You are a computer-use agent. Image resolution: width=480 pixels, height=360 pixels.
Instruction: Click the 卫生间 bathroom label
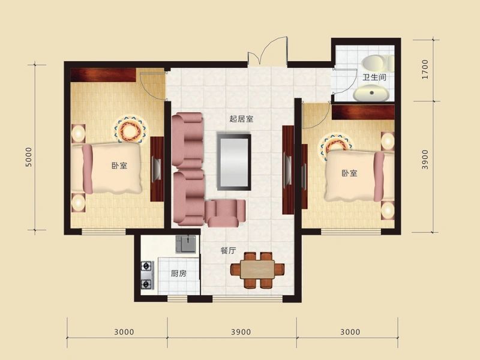point(374,77)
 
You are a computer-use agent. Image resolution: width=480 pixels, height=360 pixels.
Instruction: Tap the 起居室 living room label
point(241,119)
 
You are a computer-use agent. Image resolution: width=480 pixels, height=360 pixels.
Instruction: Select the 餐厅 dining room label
point(229,250)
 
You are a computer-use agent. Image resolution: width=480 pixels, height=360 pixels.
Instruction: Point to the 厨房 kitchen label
point(178,274)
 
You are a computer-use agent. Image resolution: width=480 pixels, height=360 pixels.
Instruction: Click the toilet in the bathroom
point(377,64)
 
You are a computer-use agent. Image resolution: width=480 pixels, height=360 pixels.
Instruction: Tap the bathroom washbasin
point(371,92)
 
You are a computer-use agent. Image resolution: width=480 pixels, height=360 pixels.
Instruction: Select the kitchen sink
point(186,244)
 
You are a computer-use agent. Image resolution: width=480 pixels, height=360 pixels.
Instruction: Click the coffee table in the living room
point(234,161)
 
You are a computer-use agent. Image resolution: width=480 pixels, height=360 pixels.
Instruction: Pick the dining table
point(257,269)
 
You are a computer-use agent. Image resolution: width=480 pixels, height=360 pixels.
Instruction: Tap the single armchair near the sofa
point(226,213)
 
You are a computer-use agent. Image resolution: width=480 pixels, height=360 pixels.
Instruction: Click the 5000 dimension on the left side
point(28,157)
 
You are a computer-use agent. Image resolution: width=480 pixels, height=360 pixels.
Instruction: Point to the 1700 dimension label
point(425,69)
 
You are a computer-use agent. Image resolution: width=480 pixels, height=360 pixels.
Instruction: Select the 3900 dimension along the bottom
point(241,332)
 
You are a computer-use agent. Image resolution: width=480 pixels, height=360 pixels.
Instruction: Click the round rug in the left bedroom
point(131,129)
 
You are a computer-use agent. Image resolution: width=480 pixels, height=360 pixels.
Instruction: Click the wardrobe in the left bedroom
point(103,75)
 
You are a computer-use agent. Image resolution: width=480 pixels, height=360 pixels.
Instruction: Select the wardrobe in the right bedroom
point(363,112)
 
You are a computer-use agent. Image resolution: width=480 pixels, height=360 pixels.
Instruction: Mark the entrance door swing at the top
point(268,51)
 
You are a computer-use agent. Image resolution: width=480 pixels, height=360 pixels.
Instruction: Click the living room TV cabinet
point(288,170)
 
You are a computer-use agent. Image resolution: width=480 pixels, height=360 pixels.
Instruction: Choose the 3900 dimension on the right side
point(425,160)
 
